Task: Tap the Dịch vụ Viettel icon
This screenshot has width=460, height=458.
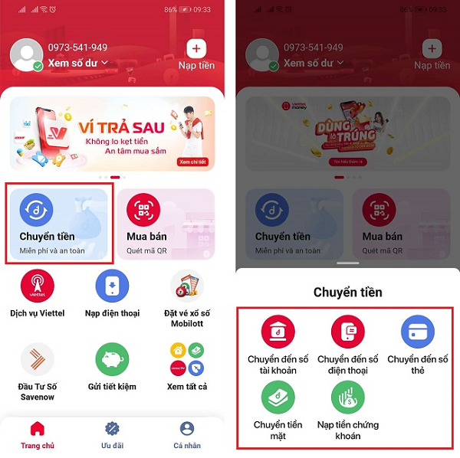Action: pos(37,286)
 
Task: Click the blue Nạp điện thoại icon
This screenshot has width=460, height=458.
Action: pos(112,286)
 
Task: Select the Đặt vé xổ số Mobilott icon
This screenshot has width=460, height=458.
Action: pos(187,286)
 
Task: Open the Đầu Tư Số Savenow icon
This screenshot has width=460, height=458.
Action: pos(37,359)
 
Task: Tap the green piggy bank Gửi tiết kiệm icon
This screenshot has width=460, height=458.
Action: pos(112,359)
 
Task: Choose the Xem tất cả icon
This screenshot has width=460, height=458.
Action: pos(187,359)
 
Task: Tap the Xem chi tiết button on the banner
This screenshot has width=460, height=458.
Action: pos(194,162)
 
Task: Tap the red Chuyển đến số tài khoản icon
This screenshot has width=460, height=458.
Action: pos(277,332)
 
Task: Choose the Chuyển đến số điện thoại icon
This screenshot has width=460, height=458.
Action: pos(347,332)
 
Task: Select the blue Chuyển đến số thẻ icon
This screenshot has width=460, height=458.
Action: pos(418,332)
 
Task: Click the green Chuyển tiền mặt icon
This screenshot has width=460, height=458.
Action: pos(277,398)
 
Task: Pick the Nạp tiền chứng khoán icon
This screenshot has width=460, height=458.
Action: pos(347,398)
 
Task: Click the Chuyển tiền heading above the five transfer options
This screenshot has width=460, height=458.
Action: pos(347,292)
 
